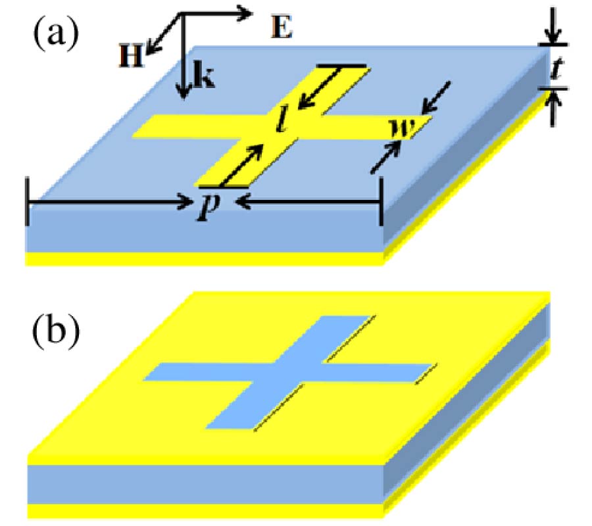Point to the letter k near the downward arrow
pyautogui.click(x=203, y=77)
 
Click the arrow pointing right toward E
pyautogui.click(x=217, y=12)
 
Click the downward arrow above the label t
pyautogui.click(x=551, y=26)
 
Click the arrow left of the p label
pyautogui.click(x=112, y=203)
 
